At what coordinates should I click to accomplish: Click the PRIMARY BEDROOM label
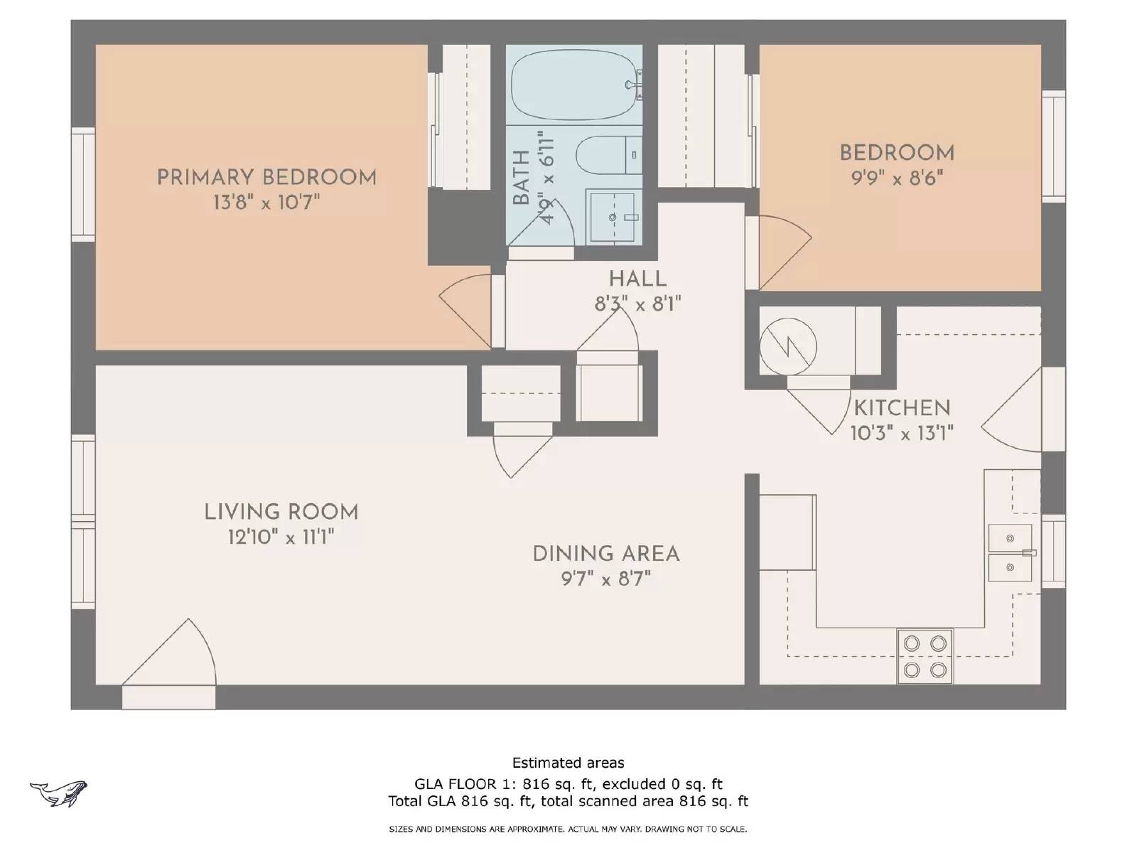266,177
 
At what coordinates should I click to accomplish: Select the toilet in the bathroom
608,155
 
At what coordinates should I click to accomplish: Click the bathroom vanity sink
613,217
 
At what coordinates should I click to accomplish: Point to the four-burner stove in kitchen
925,656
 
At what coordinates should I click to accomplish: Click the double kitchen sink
1010,553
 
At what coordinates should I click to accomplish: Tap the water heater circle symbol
787,347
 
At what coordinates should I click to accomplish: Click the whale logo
58,793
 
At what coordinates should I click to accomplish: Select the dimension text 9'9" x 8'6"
897,178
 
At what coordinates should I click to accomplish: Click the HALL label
637,279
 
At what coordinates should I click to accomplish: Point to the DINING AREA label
605,554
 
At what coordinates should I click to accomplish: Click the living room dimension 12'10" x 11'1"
281,537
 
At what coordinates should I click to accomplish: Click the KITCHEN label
902,408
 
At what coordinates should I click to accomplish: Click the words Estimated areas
568,763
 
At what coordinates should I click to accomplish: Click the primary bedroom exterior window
83,185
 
